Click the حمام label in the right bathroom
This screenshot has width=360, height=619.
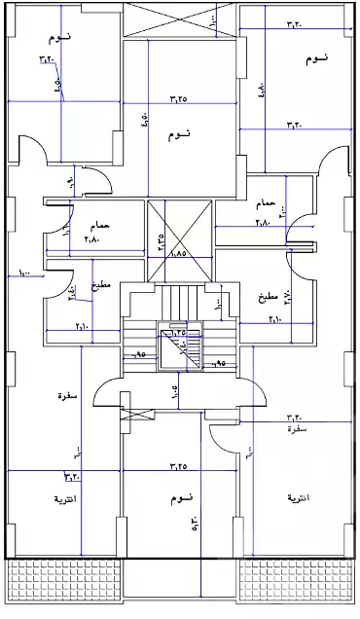[265, 204]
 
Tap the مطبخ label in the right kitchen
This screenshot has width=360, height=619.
[269, 296]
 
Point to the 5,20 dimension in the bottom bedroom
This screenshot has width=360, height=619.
[195, 527]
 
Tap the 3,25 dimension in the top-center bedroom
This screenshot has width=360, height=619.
[178, 98]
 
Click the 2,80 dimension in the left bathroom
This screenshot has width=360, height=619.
[93, 239]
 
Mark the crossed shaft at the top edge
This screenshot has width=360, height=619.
[179, 18]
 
